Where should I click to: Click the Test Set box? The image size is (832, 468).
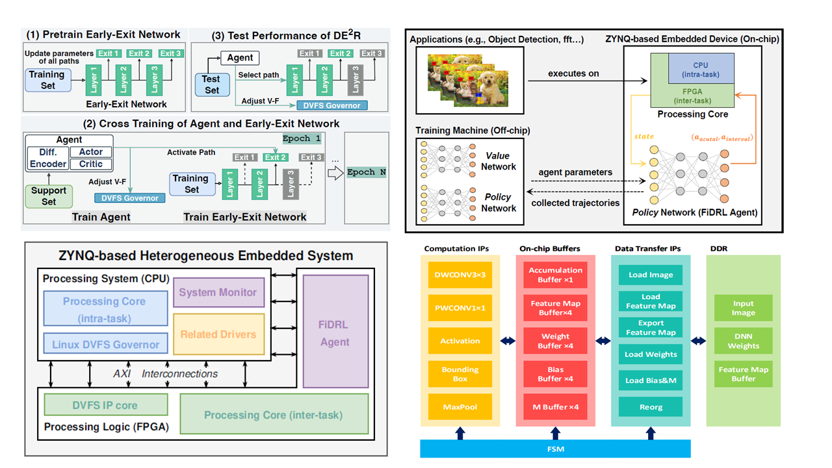(x=212, y=84)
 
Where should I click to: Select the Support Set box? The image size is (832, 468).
(x=49, y=196)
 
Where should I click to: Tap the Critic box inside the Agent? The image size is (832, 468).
(x=91, y=164)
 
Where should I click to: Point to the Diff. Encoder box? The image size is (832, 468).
(x=48, y=158)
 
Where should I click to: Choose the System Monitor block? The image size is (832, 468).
(x=218, y=292)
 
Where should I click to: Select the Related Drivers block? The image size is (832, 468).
(x=218, y=334)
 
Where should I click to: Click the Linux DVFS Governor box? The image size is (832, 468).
(x=105, y=344)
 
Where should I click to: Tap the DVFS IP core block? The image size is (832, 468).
(x=105, y=405)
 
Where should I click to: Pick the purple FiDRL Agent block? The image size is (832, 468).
(x=335, y=332)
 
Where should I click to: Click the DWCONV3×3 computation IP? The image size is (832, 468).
(x=460, y=275)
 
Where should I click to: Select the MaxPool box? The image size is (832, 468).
(x=460, y=407)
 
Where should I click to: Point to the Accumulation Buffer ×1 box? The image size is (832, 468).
(x=555, y=275)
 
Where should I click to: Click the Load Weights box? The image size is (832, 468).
(x=651, y=354)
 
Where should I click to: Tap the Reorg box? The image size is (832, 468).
(x=651, y=407)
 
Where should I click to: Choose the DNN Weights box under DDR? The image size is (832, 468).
(x=743, y=341)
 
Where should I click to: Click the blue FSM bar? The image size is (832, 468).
(x=555, y=448)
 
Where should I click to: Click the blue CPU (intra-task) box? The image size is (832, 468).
(x=700, y=69)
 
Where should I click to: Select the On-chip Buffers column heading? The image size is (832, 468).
(x=550, y=249)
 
